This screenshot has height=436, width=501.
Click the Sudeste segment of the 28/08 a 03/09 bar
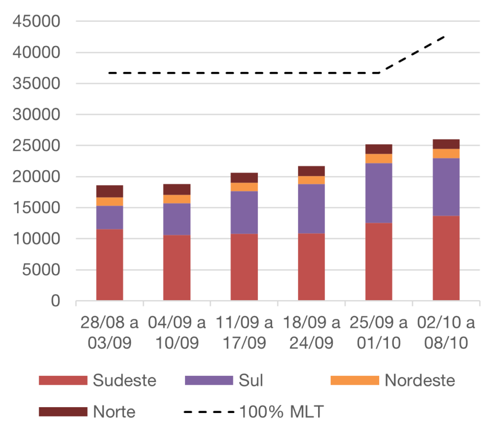110,264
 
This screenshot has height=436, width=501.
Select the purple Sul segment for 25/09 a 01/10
379,193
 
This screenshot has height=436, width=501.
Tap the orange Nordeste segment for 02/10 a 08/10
446,153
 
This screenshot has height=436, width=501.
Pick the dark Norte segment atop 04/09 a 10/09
177,189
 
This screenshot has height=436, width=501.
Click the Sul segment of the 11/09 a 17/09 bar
244,212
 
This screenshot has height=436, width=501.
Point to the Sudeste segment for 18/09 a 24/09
312,266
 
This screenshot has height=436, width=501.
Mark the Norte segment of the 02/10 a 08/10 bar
446,144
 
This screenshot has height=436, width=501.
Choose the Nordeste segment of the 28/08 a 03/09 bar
110,201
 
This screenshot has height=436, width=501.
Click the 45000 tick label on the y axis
37,22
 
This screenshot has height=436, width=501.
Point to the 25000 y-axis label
37,146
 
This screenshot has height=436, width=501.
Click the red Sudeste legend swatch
63,380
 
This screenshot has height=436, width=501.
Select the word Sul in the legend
251,380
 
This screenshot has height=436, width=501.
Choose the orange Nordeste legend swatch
355,380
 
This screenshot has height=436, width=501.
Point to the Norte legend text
114,412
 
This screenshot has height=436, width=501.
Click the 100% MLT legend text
281,412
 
